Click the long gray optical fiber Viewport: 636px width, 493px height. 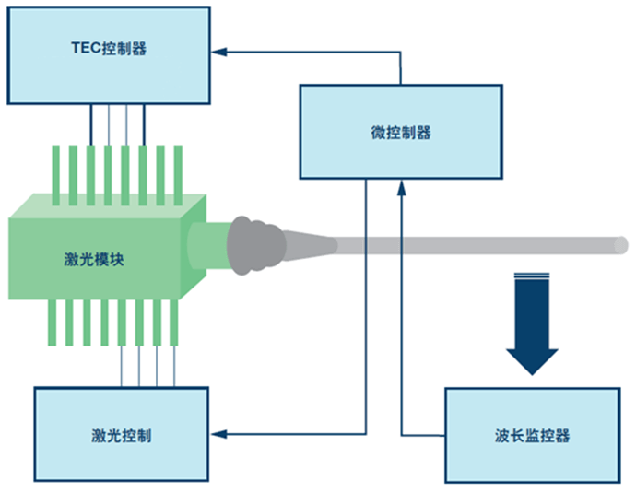[479, 245]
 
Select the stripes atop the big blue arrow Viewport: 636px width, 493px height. [533, 276]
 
